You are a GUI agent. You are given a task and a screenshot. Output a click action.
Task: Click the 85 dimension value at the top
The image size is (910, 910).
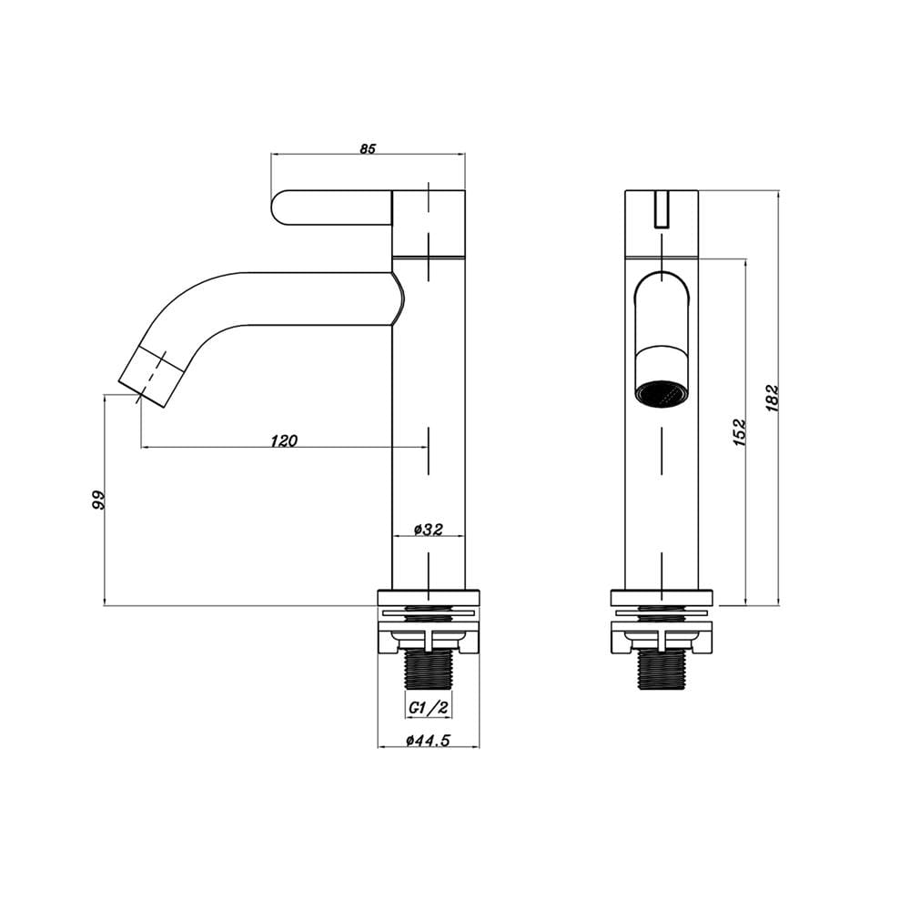click(x=368, y=148)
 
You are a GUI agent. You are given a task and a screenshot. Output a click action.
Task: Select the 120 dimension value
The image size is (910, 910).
click(x=284, y=441)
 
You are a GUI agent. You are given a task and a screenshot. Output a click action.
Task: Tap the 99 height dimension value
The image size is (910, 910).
click(x=99, y=500)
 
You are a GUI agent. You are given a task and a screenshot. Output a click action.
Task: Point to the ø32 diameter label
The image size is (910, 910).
click(x=429, y=530)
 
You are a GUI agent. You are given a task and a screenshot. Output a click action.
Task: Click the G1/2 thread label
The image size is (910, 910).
click(x=429, y=707)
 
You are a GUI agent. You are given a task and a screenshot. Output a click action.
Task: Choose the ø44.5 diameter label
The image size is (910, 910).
click(x=429, y=740)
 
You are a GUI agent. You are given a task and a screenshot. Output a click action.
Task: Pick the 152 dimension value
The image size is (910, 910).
click(x=739, y=431)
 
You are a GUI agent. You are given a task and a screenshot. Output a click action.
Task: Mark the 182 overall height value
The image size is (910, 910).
click(x=773, y=399)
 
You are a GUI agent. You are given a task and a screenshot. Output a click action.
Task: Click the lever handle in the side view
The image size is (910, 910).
click(x=331, y=207)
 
